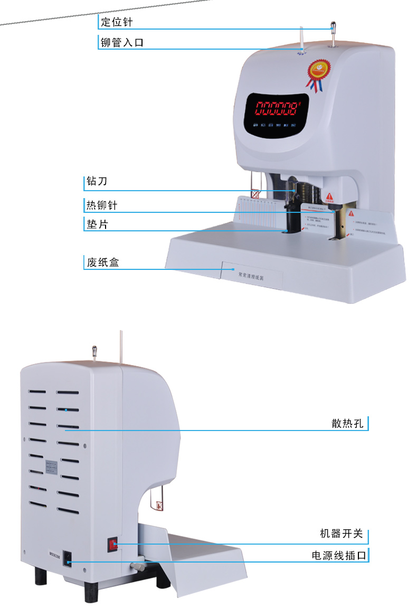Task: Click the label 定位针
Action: pyautogui.click(x=117, y=23)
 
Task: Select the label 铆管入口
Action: pyautogui.click(x=122, y=43)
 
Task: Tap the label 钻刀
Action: pyautogui.click(x=97, y=182)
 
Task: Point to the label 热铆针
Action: pyautogui.click(x=101, y=204)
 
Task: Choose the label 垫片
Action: pyautogui.click(x=97, y=224)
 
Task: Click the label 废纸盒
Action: pyautogui.click(x=101, y=262)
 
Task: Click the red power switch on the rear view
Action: pyautogui.click(x=113, y=544)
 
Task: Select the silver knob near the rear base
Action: pyautogui.click(x=138, y=567)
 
